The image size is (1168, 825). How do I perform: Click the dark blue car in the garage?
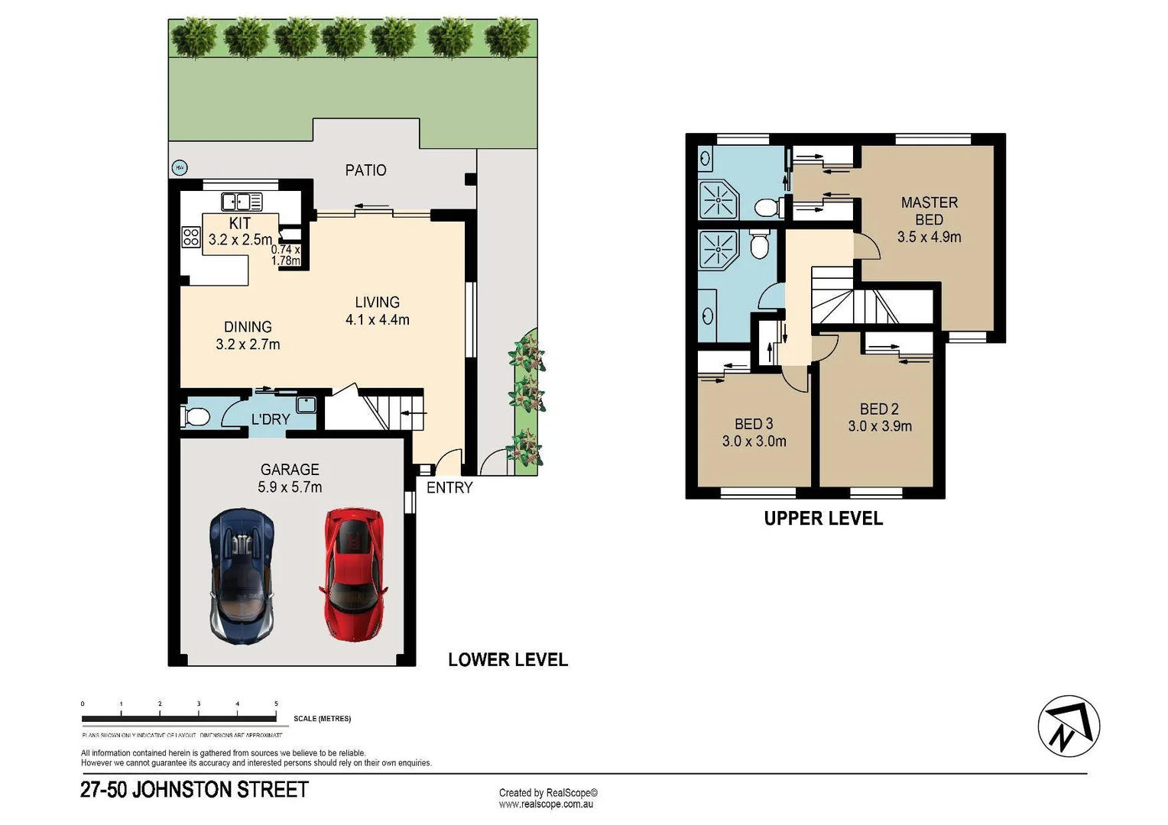point(242,576)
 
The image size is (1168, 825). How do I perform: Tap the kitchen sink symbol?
point(242,202)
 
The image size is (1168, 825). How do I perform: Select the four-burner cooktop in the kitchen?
point(191,237)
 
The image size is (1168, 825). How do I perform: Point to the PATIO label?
point(365,170)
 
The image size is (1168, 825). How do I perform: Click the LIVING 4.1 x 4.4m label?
point(377,311)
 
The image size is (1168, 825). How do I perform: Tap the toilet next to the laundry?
point(196,417)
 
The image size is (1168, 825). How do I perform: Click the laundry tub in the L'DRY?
point(307,405)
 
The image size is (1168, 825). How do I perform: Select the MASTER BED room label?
point(929,219)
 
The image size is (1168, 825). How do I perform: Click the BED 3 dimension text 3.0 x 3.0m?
point(754,442)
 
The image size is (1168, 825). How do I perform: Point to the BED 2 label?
point(879,409)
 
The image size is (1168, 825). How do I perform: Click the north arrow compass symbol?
point(1068,726)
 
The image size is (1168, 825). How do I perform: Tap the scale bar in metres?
point(179,718)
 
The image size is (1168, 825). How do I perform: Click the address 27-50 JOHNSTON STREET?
point(194,790)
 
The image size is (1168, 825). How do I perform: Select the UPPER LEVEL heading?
point(823,519)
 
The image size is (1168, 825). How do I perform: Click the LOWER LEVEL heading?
point(508,660)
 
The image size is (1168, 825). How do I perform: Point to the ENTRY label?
point(449,488)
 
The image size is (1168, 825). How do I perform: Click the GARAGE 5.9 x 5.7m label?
point(290,478)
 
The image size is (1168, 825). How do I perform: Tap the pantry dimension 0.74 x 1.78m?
point(286,255)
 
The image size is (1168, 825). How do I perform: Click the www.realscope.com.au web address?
point(546,804)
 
